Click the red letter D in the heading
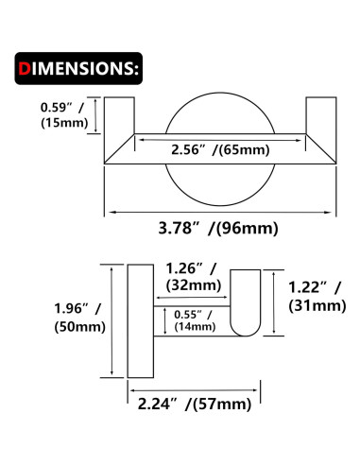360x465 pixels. (25, 68)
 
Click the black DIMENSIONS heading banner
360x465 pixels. (78, 68)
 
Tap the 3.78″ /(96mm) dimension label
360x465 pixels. (218, 228)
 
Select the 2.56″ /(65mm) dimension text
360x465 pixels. (220, 149)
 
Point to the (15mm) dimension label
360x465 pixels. (64, 123)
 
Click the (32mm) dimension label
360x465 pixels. (194, 285)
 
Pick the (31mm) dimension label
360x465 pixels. (317, 306)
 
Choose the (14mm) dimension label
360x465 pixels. (195, 326)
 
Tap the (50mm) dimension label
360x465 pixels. (80, 327)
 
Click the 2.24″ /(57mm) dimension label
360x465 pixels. (195, 405)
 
